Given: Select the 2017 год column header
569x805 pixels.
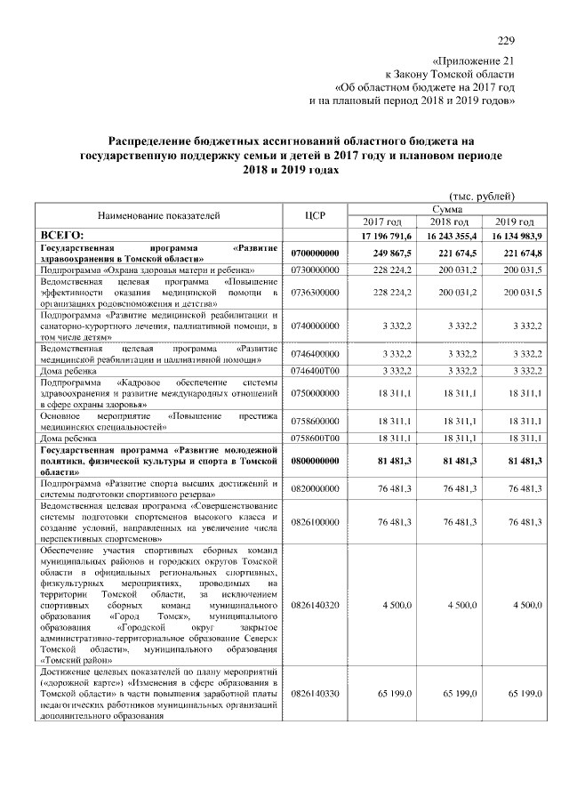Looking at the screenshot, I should [383, 221].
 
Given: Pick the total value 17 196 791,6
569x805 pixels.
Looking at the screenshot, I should [383, 235].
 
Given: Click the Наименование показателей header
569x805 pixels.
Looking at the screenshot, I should [159, 214].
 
